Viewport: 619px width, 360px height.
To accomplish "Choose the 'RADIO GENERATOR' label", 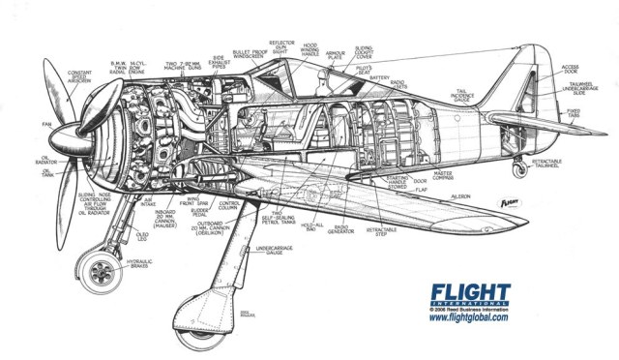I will pyautogui.click(x=341, y=229).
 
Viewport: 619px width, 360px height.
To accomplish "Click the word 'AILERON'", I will pyautogui.click(x=458, y=195).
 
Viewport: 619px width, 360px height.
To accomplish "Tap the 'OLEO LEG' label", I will pyautogui.click(x=142, y=235).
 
